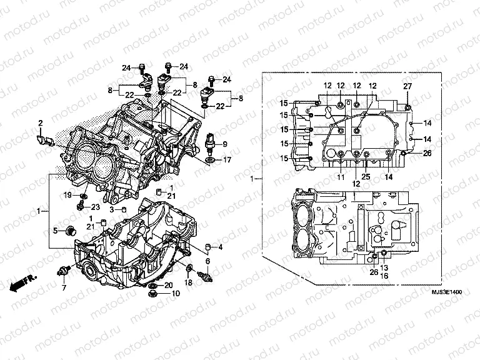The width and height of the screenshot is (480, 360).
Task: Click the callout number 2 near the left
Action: (x=41, y=122)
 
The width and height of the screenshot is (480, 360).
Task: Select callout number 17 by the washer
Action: (x=227, y=160)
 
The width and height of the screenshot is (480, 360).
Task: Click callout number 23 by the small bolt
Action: (x=96, y=207)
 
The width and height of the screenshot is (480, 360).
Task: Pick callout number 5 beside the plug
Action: (x=55, y=231)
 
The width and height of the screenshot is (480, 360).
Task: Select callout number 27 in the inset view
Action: (x=407, y=86)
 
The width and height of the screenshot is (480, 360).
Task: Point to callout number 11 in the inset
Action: (x=341, y=177)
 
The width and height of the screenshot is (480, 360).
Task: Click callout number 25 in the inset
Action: (x=366, y=177)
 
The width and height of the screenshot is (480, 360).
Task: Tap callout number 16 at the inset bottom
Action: (x=384, y=276)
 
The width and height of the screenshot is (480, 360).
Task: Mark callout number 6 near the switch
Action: (x=207, y=261)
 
